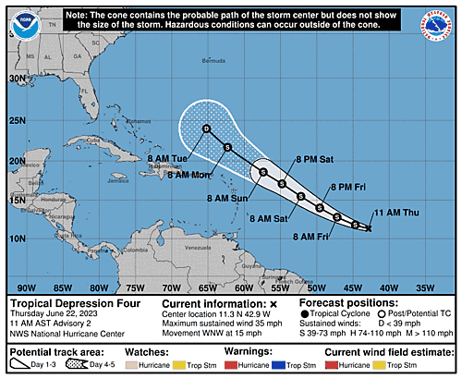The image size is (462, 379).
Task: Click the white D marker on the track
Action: (206, 128)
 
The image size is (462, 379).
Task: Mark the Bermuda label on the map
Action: (239, 62)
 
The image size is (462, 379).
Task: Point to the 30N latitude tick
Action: (16, 79)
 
